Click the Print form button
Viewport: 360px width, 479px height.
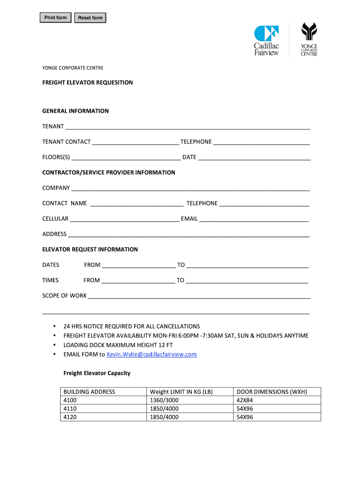(56, 18)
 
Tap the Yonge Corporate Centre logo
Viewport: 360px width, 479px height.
(309, 39)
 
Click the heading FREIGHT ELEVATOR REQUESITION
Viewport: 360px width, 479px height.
(87, 83)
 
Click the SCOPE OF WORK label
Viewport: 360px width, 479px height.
(65, 296)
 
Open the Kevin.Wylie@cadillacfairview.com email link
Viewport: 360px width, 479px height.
(151, 355)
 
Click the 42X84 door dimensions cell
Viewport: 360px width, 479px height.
(245, 400)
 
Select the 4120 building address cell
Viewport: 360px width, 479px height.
(70, 417)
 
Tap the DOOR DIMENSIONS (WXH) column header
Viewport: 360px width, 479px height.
(272, 392)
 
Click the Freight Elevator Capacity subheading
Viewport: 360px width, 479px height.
(97, 373)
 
